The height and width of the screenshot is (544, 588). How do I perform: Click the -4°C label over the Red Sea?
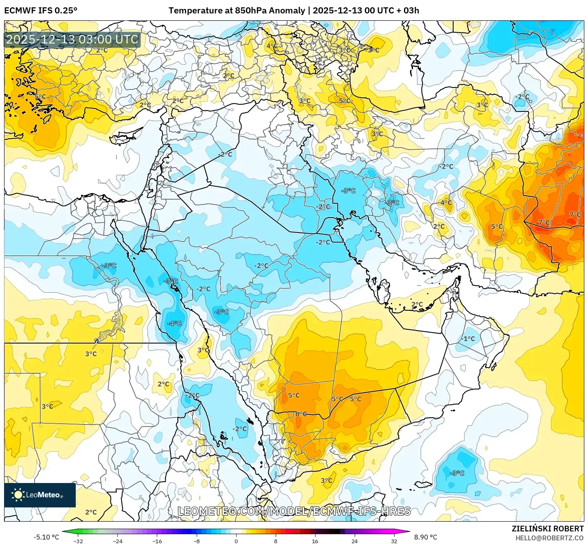[175, 324]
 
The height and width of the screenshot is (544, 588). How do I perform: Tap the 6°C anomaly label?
[301, 414]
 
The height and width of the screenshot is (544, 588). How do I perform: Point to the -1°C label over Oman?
[468, 339]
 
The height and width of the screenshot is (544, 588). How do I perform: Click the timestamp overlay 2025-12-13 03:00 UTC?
[72, 39]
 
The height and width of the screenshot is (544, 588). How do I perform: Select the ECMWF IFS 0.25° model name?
[41, 11]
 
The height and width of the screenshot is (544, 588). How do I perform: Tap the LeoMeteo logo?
[39, 495]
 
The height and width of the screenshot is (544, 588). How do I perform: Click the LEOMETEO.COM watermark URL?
[294, 511]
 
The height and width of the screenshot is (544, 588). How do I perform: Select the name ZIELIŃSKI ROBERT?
[548, 529]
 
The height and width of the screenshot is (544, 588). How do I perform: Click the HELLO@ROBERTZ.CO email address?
[549, 538]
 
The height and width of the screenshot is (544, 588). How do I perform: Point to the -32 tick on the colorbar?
[78, 541]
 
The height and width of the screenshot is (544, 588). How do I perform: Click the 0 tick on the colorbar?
[236, 541]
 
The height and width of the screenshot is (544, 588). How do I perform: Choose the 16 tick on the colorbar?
[315, 541]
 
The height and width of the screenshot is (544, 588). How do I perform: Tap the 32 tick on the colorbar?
[394, 541]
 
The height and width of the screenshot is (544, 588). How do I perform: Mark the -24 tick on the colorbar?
[118, 541]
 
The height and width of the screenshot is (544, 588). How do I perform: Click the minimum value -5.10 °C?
[46, 537]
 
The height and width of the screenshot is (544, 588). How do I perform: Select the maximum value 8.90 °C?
[426, 537]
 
